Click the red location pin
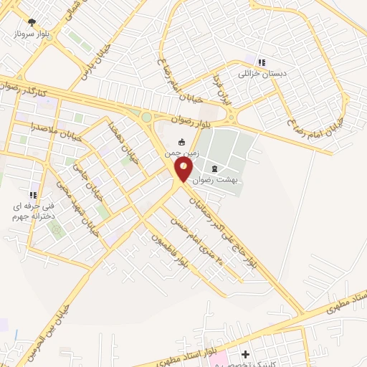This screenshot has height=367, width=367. coord(183,169)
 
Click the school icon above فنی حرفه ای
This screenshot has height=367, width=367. coord(33,194)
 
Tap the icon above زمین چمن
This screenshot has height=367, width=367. coord(181,142)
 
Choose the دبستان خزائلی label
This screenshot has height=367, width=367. coord(262,73)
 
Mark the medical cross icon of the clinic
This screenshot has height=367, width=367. coord(246,354)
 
